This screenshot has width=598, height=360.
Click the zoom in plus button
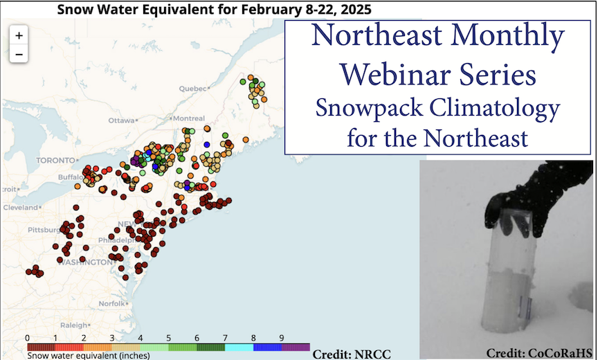pyautogui.click(x=19, y=35)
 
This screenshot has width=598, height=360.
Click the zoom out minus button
pyautogui.click(x=19, y=53)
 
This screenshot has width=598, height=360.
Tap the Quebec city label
pyautogui.click(x=192, y=89)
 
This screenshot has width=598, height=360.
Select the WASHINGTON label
pyautogui.click(x=84, y=262)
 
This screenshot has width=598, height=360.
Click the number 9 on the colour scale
pyautogui.click(x=281, y=338)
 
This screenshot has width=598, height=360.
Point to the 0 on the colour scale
pyautogui.click(x=26, y=338)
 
